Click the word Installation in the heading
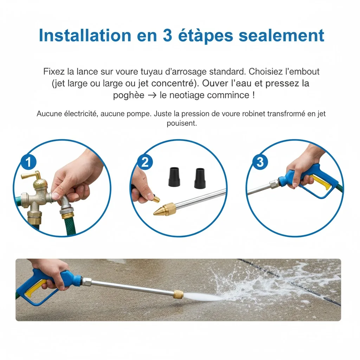[85, 36]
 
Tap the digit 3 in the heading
[168, 36]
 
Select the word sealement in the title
[282, 36]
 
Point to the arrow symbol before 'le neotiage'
[152, 95]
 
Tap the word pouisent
[182, 123]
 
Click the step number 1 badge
[28, 162]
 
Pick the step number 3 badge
[260, 162]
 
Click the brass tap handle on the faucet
[31, 175]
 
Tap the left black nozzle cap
[174, 177]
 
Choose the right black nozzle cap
[200, 178]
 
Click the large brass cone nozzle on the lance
[165, 210]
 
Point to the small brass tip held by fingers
[156, 199]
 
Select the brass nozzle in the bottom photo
[178, 294]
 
